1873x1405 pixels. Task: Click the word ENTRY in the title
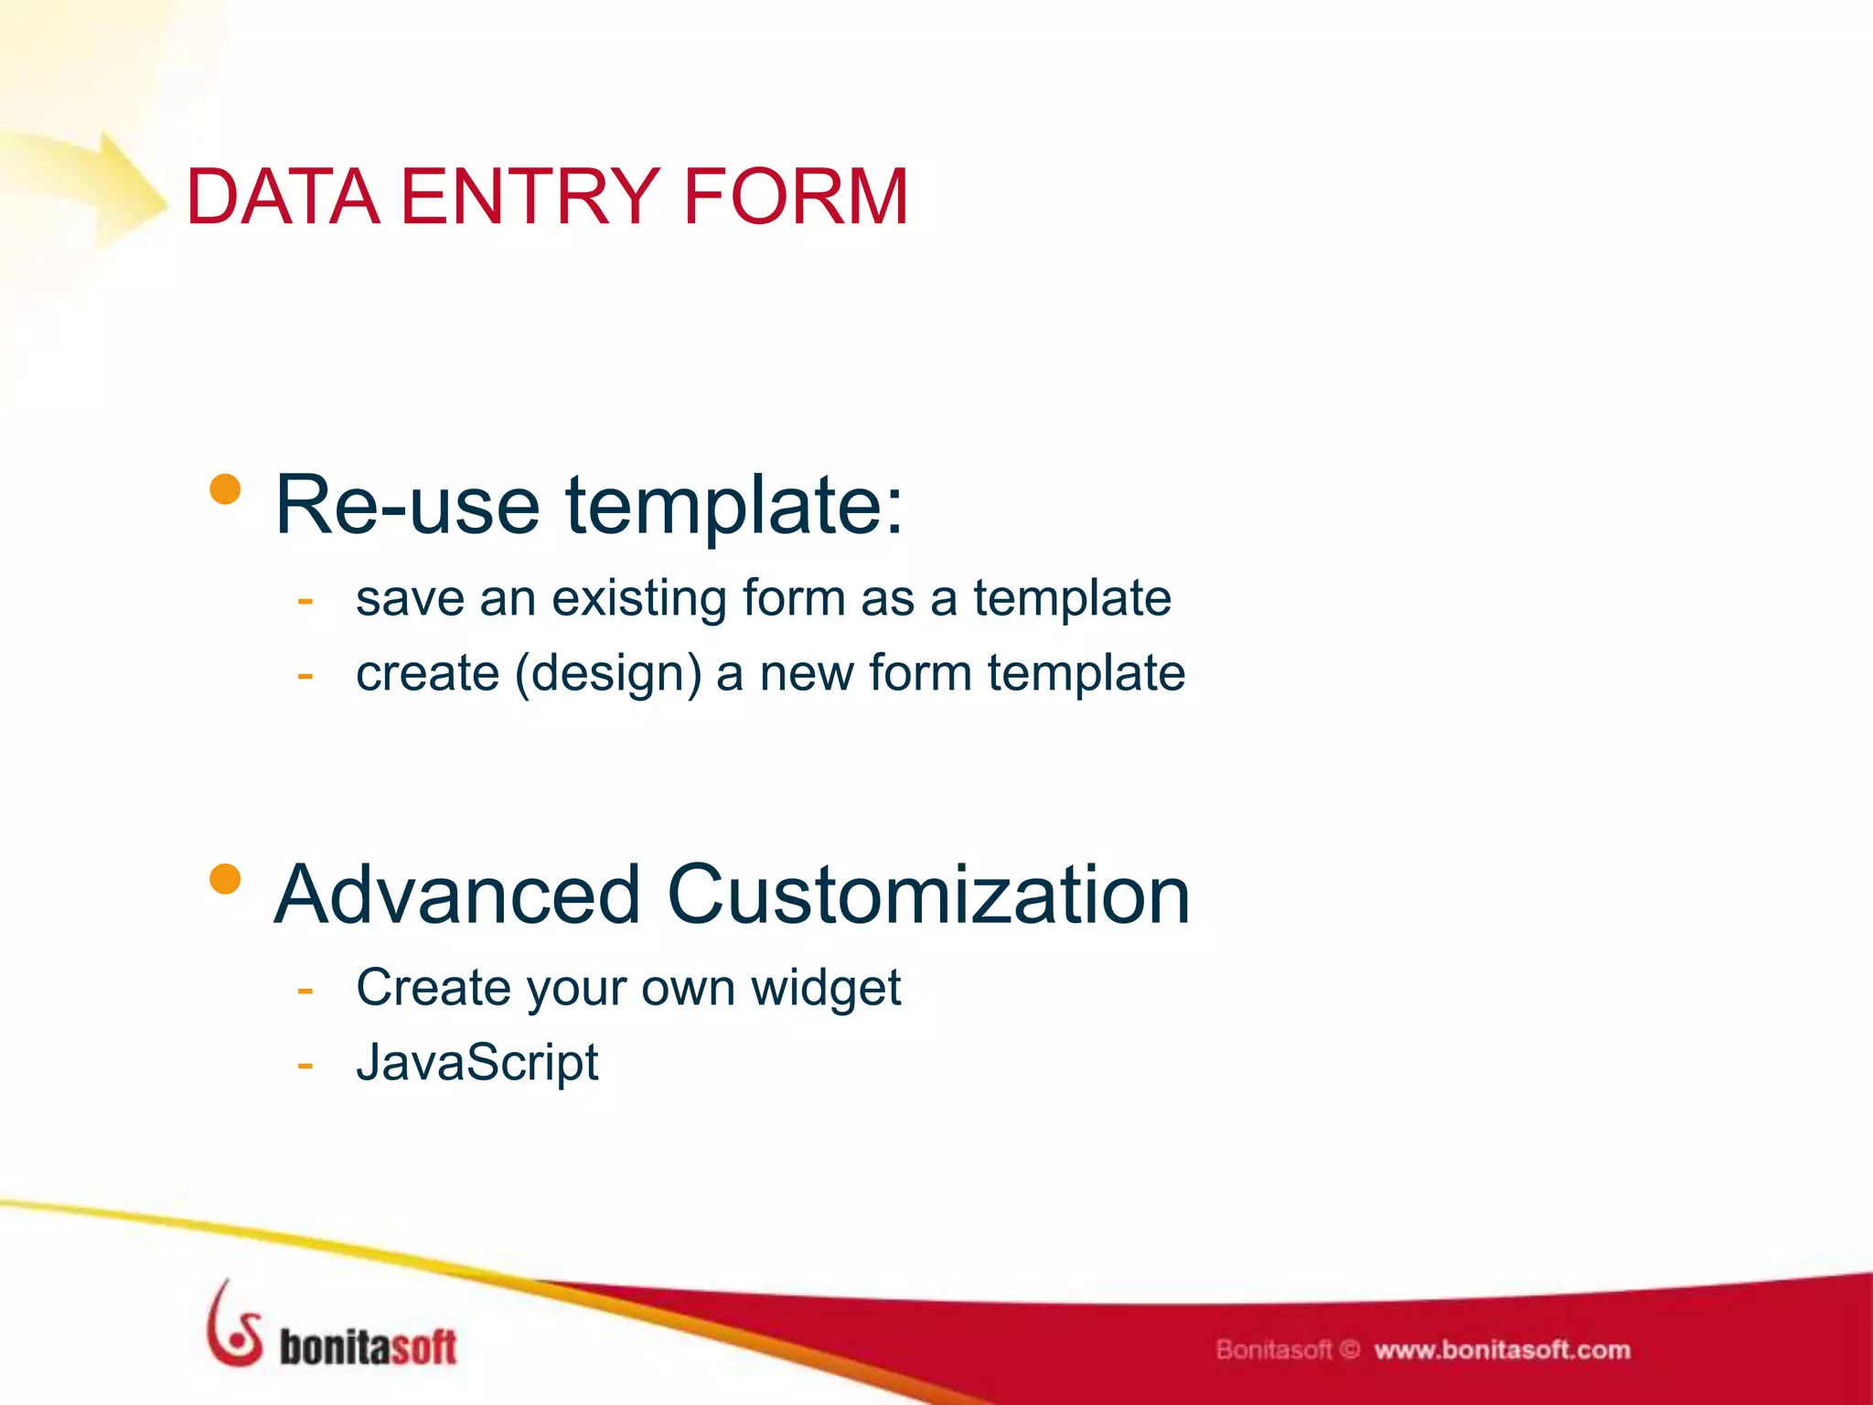tap(529, 196)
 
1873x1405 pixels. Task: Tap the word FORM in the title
tap(795, 196)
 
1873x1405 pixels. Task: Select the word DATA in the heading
tap(283, 196)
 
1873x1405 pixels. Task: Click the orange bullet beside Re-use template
tap(225, 489)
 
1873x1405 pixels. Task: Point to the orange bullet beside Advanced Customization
tap(225, 879)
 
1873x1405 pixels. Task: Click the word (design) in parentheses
tap(608, 675)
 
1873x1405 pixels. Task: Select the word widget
tap(825, 989)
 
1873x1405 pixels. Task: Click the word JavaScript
tap(476, 1063)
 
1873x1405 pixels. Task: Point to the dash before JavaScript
tap(305, 1066)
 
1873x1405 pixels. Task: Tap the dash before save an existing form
tap(305, 602)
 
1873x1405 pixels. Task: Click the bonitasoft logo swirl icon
tap(233, 1326)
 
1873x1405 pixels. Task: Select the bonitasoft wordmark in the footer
tap(368, 1347)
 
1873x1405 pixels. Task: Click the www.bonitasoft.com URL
tap(1502, 1350)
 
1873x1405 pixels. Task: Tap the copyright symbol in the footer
tap(1351, 1349)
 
